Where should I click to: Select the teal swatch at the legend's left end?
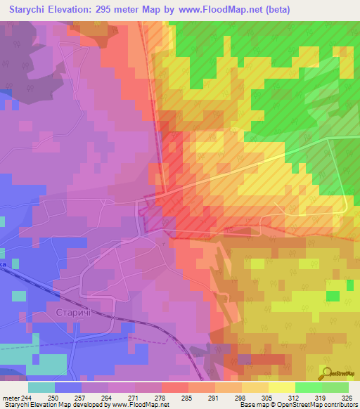41,387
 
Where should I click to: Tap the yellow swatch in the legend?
281,387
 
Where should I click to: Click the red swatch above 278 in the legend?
174,387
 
